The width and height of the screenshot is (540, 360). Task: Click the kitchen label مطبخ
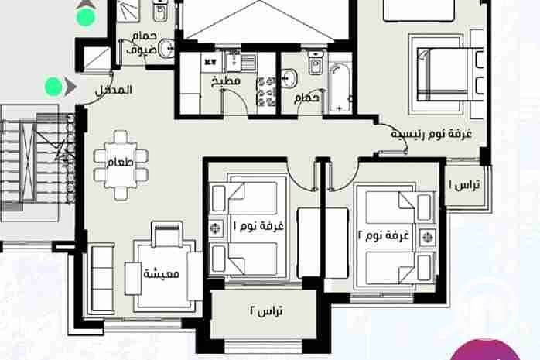pos(226,81)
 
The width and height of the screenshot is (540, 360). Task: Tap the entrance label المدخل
pos(113,91)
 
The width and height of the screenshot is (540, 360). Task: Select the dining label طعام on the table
pos(120,163)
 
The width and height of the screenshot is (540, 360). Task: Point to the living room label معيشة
pos(161,274)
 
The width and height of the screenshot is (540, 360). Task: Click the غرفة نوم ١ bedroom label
pos(258,226)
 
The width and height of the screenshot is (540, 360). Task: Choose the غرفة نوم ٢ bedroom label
pos(383,235)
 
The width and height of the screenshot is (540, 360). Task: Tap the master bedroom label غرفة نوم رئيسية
pos(431,134)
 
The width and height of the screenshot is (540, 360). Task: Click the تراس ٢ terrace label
pos(266,310)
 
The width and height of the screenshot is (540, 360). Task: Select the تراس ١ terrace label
pos(464,185)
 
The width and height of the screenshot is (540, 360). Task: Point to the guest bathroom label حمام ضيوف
pos(142,43)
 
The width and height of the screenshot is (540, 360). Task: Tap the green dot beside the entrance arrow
pos(53,86)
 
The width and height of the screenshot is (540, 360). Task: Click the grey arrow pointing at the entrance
pos(70,87)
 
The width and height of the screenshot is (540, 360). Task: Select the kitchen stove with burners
pos(266,91)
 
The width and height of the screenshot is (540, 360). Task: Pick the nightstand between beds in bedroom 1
pos(216,228)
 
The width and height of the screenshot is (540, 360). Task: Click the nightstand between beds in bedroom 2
pos(427,238)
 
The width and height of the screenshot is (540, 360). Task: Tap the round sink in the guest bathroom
pos(166,48)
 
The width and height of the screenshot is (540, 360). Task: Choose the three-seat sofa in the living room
pos(102,279)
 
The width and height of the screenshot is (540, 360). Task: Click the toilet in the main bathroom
pos(315,63)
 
